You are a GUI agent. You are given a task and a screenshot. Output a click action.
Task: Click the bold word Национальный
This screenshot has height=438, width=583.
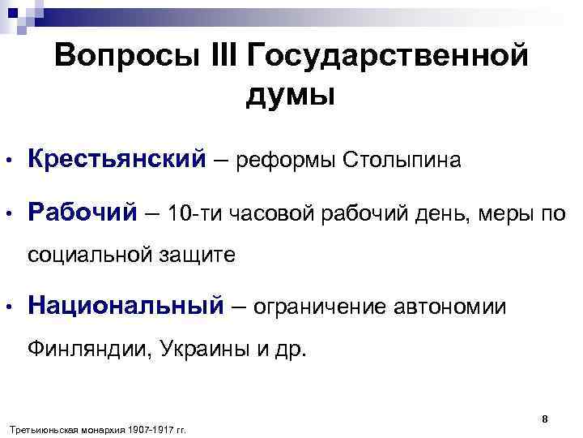coord(125,307)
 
